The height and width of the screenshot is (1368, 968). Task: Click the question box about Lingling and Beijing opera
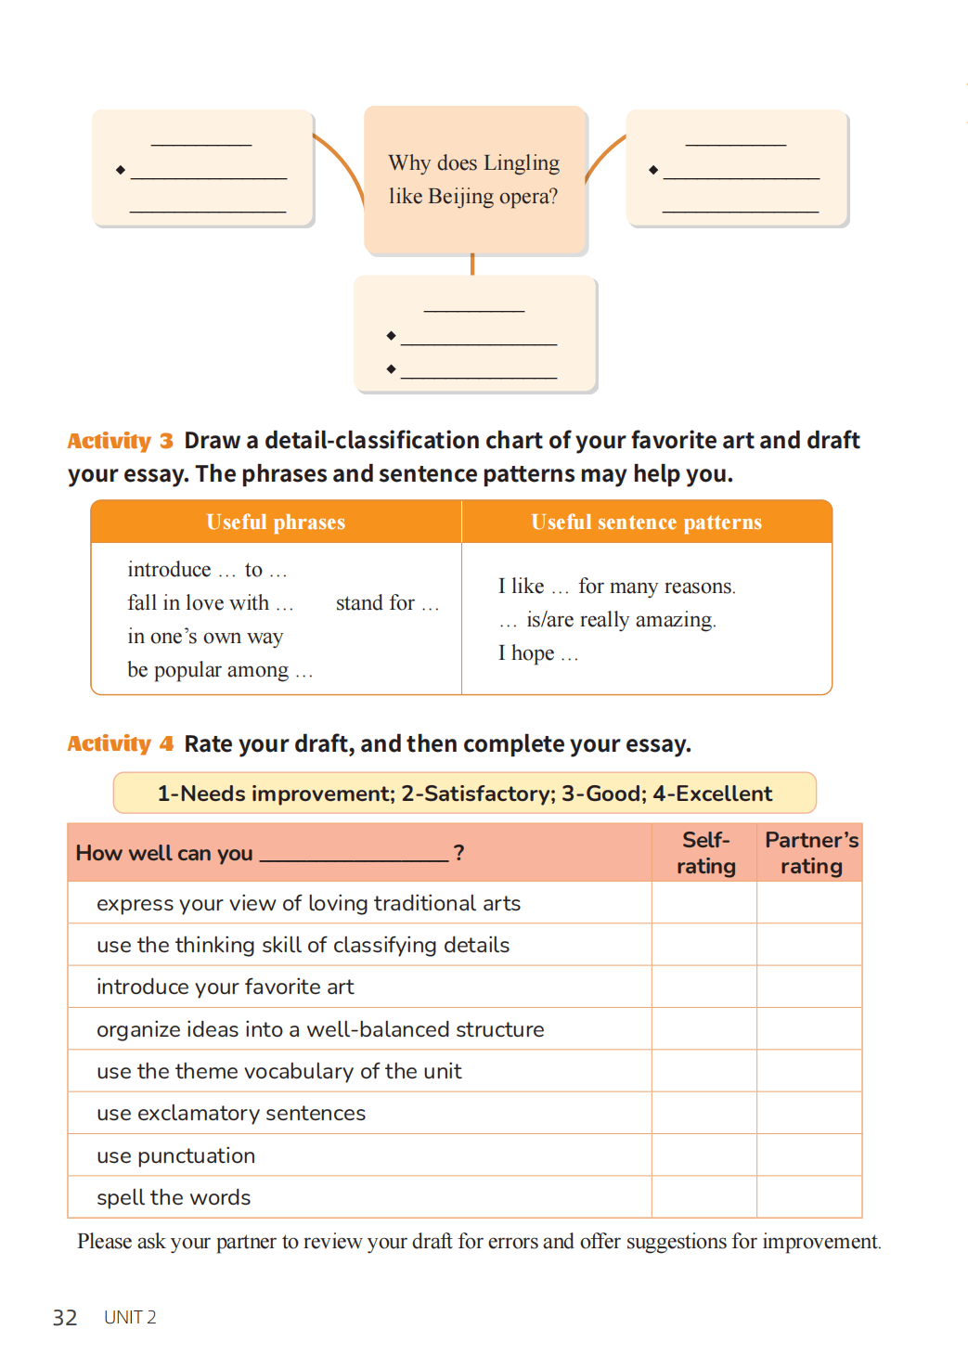(x=474, y=179)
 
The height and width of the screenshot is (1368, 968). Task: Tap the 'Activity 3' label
(x=120, y=441)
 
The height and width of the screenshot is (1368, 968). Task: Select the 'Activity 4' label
(x=120, y=744)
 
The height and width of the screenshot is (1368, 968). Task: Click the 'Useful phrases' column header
(x=276, y=523)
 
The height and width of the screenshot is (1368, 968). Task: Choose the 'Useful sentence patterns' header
(x=646, y=523)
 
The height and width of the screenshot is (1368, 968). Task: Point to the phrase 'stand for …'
(x=387, y=603)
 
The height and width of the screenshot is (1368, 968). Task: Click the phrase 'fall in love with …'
(x=211, y=603)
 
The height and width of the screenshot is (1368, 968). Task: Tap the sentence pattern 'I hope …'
(x=537, y=653)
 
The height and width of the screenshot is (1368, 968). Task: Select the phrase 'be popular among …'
(x=220, y=670)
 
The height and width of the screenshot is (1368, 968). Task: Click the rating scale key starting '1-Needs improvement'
(x=464, y=794)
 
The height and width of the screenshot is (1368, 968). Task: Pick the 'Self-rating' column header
(x=705, y=853)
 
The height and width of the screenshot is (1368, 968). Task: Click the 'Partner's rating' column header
(x=811, y=853)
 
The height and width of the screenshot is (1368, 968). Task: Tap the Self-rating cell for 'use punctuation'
(x=704, y=1155)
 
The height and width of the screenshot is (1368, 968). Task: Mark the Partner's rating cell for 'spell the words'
(x=809, y=1197)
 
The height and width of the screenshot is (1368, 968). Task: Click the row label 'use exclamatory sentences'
(x=231, y=1114)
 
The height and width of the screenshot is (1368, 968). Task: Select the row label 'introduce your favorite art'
(x=226, y=987)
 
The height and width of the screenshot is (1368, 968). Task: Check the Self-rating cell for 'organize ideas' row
(x=704, y=1029)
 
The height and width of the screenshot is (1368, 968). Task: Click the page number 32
(x=65, y=1318)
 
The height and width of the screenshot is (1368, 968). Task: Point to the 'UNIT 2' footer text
(x=130, y=1318)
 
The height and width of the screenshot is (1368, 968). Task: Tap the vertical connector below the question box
(x=472, y=265)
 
